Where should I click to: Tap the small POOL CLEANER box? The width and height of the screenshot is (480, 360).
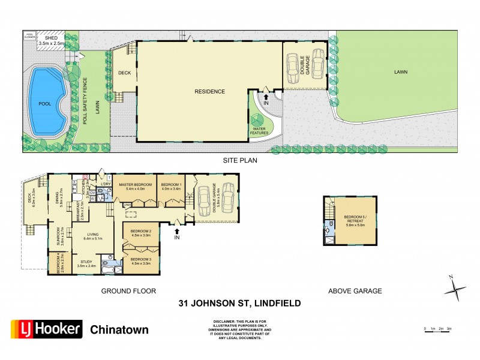coord(29,36)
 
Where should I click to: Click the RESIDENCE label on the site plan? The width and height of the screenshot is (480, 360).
coord(209,92)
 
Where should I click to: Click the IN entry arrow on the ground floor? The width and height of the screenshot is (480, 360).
coord(177,225)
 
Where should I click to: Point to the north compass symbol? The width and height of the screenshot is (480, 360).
coord(455,289)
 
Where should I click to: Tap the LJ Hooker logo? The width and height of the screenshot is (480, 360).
coord(44,329)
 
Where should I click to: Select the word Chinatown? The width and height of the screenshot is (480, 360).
coord(119,329)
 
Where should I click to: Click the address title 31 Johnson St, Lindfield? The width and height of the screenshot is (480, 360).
coord(239,304)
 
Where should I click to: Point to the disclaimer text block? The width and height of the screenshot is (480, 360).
coord(239,329)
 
